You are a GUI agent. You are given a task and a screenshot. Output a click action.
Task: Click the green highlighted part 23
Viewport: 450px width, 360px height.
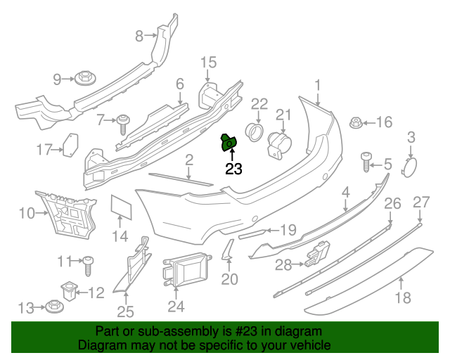pyautogui.click(x=230, y=143)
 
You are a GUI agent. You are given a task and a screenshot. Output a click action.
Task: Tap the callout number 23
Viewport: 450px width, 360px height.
pyautogui.click(x=233, y=169)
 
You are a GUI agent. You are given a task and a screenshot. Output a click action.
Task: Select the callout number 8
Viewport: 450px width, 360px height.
pyautogui.click(x=139, y=35)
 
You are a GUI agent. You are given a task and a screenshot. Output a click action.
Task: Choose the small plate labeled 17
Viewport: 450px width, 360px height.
pyautogui.click(x=70, y=143)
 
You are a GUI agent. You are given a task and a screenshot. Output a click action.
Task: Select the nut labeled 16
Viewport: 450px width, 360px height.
pyautogui.click(x=356, y=124)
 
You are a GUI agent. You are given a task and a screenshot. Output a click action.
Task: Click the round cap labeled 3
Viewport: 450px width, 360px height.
pyautogui.click(x=409, y=167)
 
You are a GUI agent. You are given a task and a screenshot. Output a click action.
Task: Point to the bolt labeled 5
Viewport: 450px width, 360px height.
pyautogui.click(x=366, y=161)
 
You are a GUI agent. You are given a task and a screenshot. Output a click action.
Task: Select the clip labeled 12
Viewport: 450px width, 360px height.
pyautogui.click(x=69, y=288)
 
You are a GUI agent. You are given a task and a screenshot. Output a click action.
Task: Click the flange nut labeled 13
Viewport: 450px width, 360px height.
pyautogui.click(x=53, y=307)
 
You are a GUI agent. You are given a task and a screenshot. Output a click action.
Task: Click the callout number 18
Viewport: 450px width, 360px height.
pyautogui.click(x=401, y=297)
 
